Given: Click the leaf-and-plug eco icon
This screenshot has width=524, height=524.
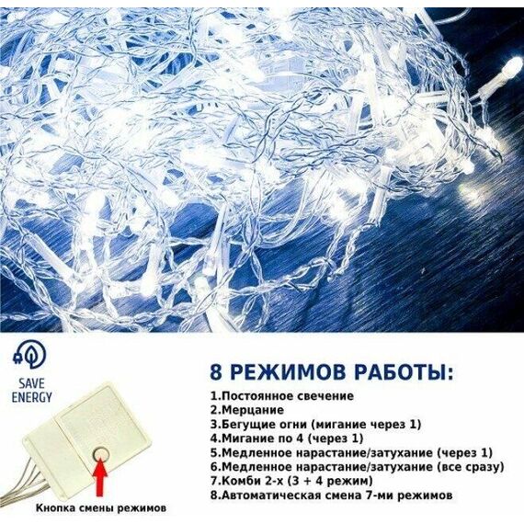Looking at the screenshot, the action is (29, 356).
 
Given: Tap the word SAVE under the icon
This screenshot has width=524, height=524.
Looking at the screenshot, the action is (32, 383).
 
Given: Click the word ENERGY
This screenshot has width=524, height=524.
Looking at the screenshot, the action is (32, 397).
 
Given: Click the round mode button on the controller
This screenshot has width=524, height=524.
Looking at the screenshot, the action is (100, 453).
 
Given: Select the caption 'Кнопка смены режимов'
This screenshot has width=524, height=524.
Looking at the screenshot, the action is (101, 508).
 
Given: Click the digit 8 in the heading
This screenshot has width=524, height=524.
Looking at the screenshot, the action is (216, 372).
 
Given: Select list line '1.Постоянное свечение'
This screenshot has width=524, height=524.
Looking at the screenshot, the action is (281, 396).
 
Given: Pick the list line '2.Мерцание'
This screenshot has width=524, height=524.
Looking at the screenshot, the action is (247, 410).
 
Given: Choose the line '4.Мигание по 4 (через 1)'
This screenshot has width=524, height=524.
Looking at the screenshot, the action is (287, 439).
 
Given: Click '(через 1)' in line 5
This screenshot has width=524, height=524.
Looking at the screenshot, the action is (465, 453).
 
